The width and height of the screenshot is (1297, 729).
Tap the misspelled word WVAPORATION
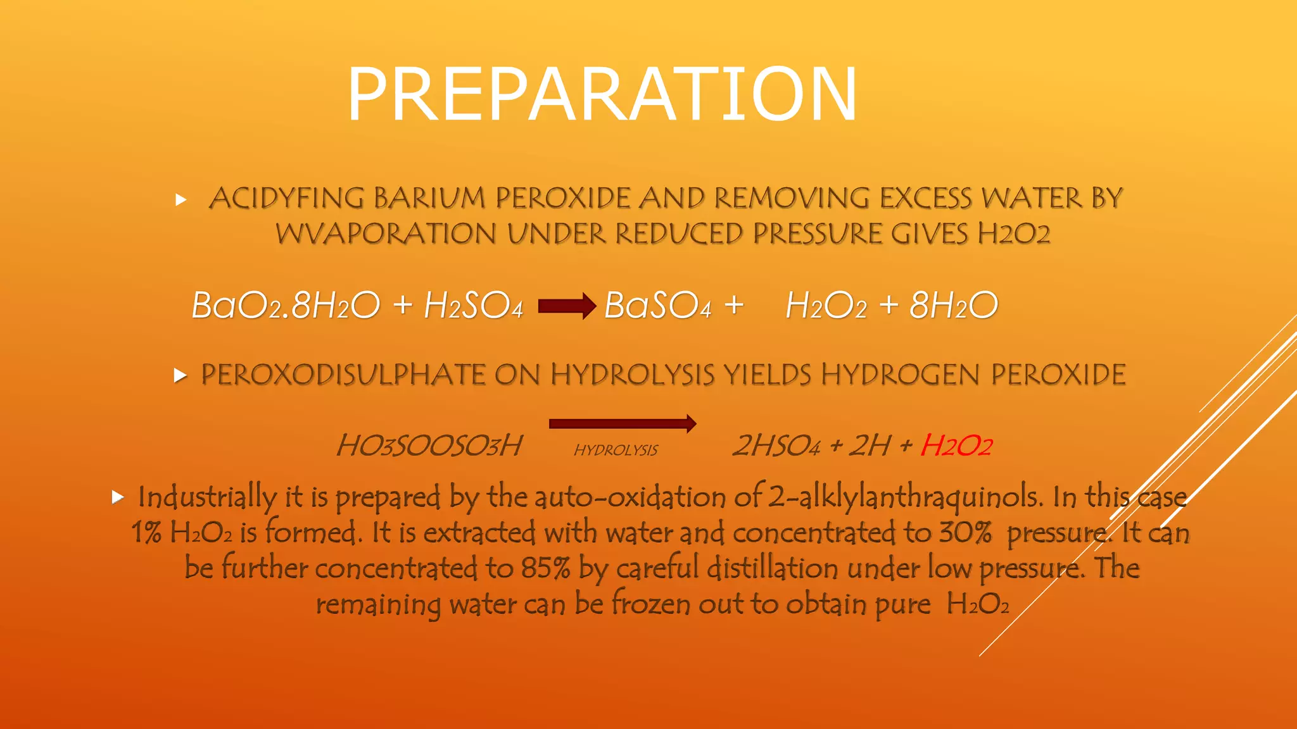[386, 234]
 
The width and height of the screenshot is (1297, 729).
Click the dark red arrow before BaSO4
[567, 306]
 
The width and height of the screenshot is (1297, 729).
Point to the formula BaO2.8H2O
[286, 306]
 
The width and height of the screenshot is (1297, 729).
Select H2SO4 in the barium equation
[473, 306]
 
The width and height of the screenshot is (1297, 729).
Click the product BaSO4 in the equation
[657, 306]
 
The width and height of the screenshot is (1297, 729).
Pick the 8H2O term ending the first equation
[953, 306]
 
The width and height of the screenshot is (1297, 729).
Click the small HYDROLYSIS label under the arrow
[616, 450]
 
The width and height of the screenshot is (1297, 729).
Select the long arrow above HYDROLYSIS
[623, 423]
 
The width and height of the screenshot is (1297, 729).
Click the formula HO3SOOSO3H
[429, 445]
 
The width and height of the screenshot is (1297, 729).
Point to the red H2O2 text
[956, 445]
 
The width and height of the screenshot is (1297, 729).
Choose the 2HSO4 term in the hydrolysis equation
[776, 445]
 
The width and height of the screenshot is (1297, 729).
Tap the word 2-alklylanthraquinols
[905, 497]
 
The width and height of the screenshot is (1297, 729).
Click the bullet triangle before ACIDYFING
[181, 200]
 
